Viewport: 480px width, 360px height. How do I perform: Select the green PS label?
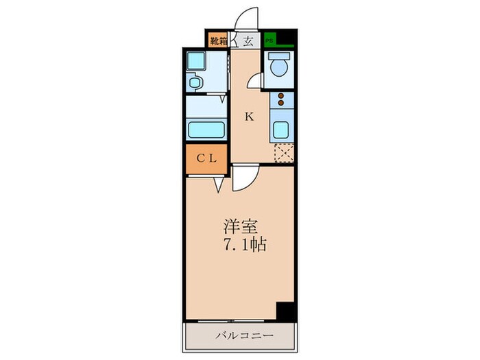pos(269,40)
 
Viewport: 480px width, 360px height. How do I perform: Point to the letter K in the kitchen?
pos(250,117)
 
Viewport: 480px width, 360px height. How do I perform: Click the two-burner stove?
pos(280,104)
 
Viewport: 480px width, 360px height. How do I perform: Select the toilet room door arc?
pos(255,81)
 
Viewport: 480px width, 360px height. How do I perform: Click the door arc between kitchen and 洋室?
pos(243,180)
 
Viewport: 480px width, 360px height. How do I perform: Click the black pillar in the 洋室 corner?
pos(286,310)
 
